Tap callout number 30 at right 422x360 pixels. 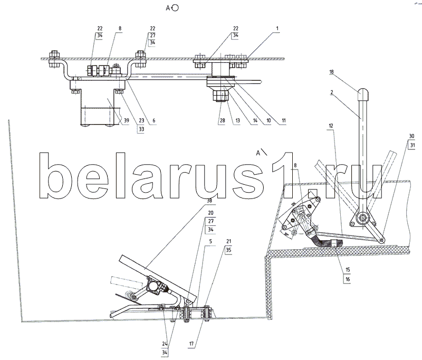click(410, 135)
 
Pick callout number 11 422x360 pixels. click(283, 121)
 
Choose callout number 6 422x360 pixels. click(154, 121)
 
